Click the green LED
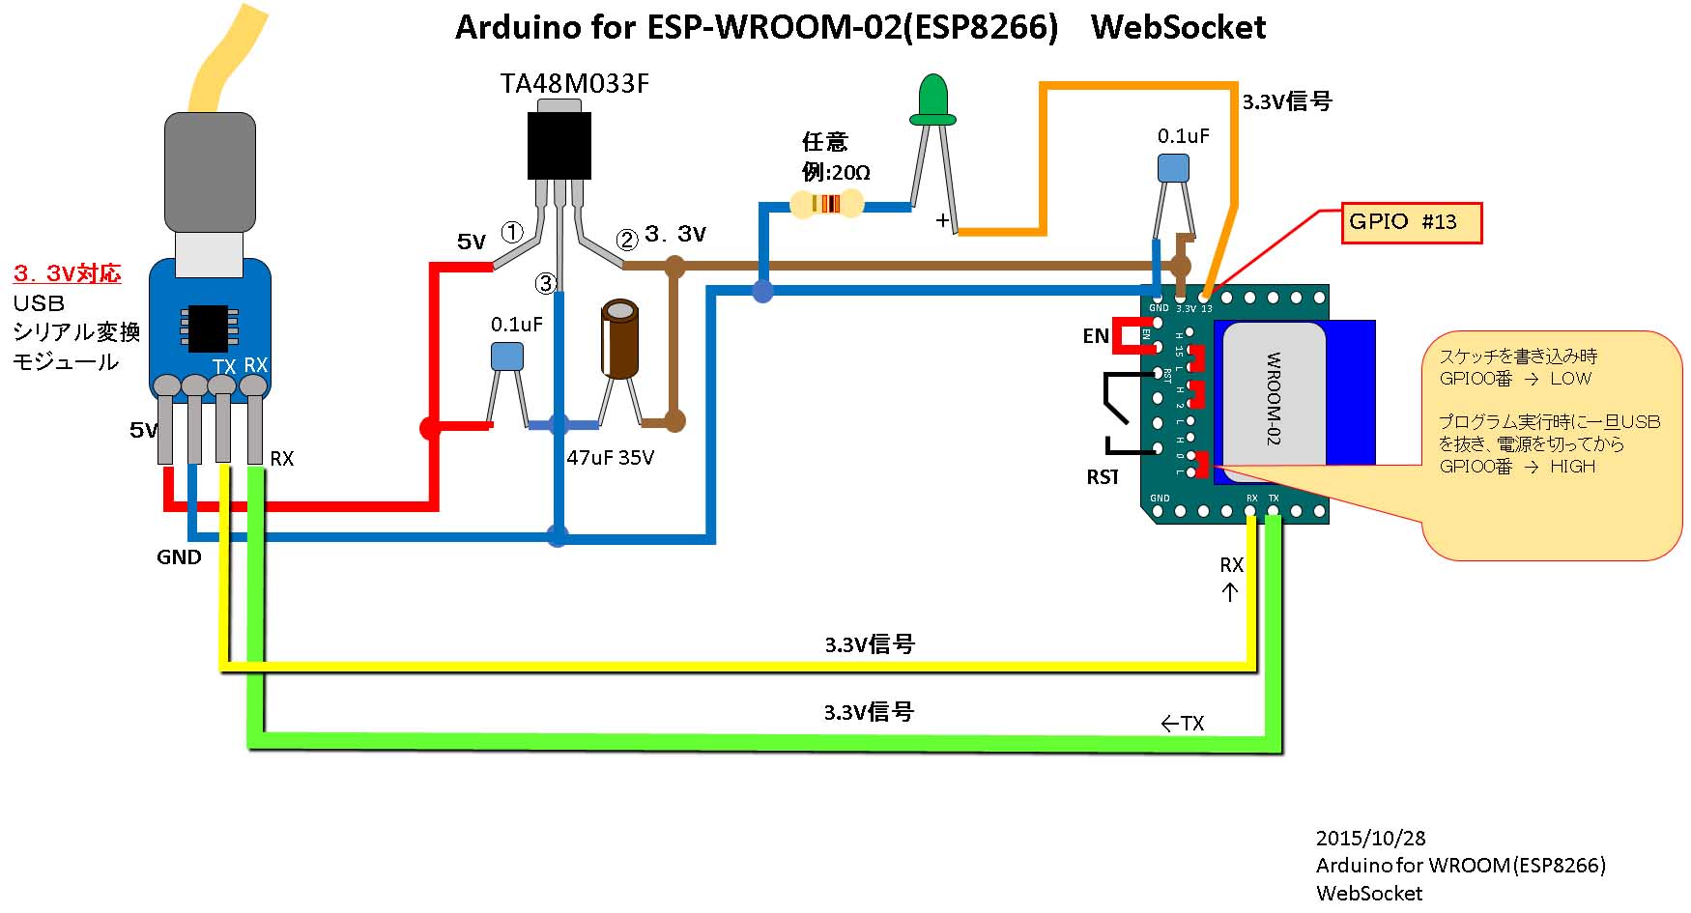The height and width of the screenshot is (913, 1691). tap(932, 100)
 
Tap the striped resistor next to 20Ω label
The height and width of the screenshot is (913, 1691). tap(826, 204)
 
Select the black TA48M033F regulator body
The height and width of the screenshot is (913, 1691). tap(559, 145)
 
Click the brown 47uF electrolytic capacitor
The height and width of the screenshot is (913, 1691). tap(619, 339)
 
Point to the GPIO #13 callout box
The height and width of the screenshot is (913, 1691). tap(1411, 222)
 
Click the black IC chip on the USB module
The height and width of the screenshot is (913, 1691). tap(208, 328)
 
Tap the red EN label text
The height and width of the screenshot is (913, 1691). tap(1095, 336)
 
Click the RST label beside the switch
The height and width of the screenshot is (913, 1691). tap(1103, 476)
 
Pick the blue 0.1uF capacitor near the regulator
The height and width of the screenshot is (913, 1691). tap(506, 357)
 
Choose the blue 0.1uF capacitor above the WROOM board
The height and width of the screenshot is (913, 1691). tap(1173, 168)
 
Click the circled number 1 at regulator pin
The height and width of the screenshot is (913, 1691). tap(511, 232)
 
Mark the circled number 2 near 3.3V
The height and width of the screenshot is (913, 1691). tap(627, 240)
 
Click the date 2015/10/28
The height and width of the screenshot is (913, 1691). tap(1370, 838)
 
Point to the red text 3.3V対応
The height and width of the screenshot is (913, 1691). tap(68, 273)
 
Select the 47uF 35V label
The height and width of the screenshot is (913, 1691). tap(610, 458)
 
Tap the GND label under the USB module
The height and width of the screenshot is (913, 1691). tap(179, 557)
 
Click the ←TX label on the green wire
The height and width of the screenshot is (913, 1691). tap(1182, 724)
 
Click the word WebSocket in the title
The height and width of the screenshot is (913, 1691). tap(1178, 27)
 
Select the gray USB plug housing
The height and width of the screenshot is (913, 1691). tap(210, 172)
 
